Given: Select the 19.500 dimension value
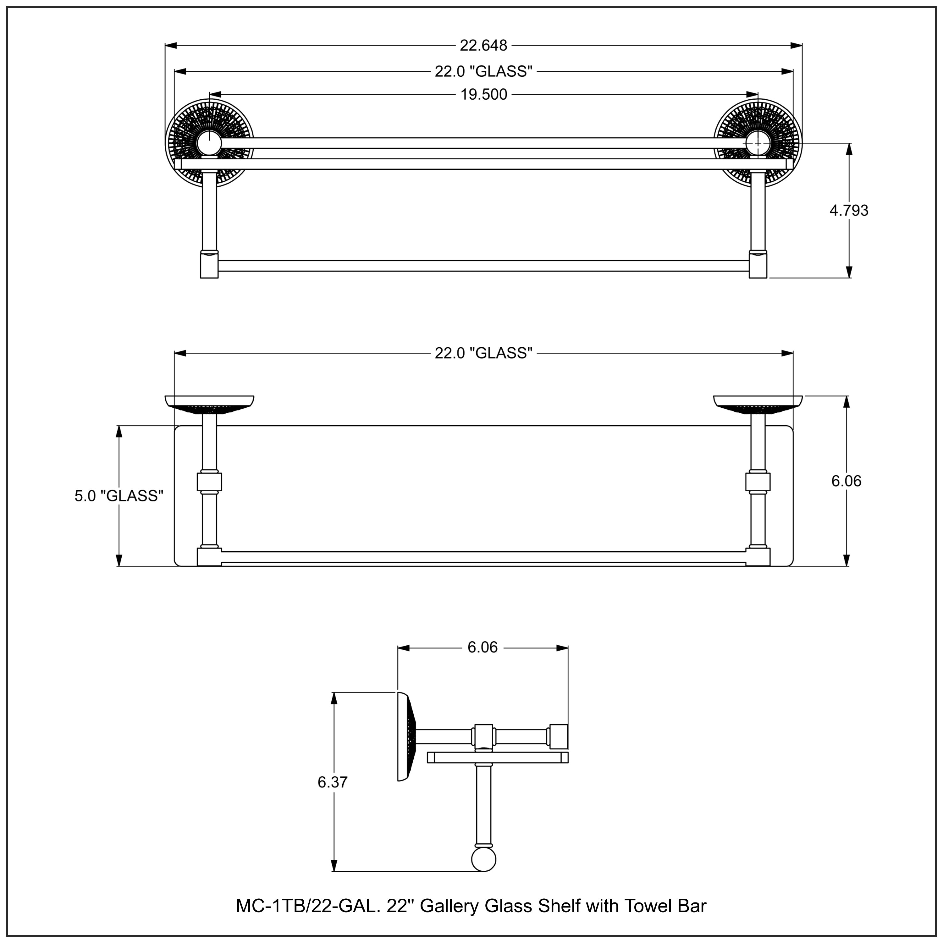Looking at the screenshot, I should [484, 95].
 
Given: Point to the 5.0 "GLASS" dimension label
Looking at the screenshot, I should [119, 496].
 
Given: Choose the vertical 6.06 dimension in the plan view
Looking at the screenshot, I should [846, 481].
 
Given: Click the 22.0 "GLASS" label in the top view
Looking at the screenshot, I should [483, 72].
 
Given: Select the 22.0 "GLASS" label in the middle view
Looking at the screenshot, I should [483, 353].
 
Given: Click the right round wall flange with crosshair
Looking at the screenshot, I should [758, 142].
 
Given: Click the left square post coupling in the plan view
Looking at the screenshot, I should [209, 482].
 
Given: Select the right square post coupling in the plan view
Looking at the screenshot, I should [758, 482].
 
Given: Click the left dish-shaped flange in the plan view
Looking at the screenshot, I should [209, 403].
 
